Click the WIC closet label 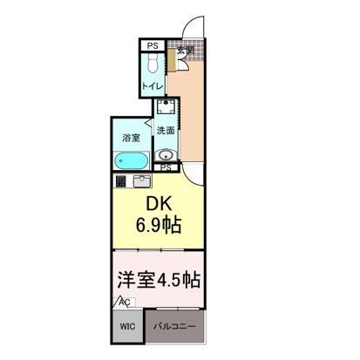[126, 328]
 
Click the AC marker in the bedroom [124, 302]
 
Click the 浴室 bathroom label [131, 137]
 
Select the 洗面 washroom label [165, 130]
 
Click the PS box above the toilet [153, 46]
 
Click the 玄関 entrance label [185, 50]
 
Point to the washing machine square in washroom [166, 110]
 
